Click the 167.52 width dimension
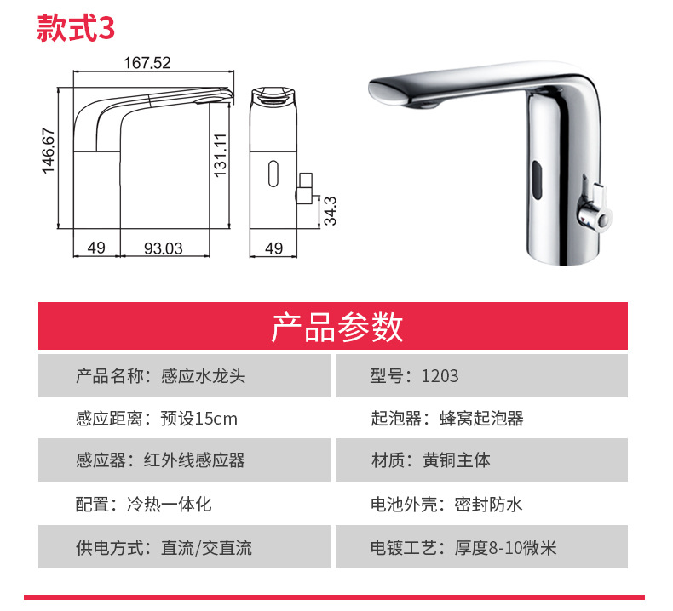click(147, 63)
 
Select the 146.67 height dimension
click(49, 151)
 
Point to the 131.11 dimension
click(220, 155)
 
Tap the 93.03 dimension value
click(163, 248)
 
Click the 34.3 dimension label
click(330, 210)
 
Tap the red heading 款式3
click(76, 28)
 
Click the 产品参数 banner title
click(337, 327)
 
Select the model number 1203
click(440, 376)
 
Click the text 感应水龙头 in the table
click(203, 376)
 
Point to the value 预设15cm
click(198, 419)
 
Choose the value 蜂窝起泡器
click(481, 419)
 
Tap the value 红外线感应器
click(194, 460)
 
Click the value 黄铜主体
click(457, 460)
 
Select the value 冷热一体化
click(170, 505)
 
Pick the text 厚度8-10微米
click(506, 548)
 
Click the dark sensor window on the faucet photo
click(537, 180)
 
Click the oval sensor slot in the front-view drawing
click(273, 174)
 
